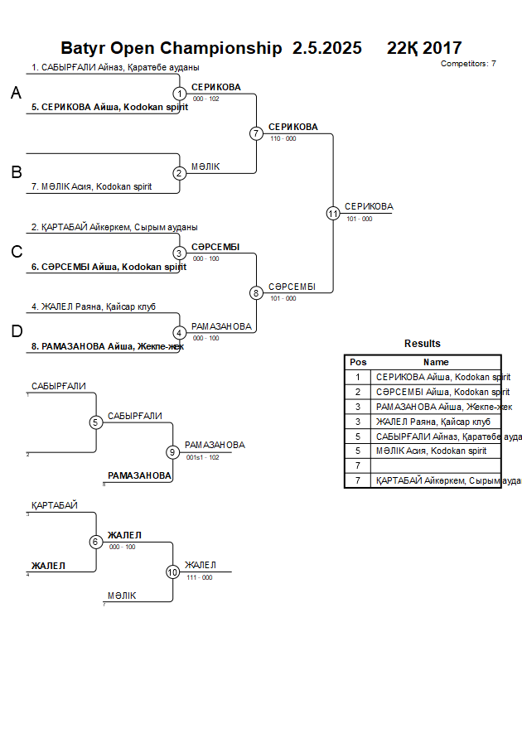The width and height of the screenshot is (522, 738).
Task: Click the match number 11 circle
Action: [333, 213]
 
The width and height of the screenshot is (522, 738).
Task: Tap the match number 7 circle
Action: [256, 133]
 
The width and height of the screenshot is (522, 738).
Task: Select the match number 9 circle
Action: [172, 452]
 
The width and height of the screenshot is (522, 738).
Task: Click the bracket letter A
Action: [16, 94]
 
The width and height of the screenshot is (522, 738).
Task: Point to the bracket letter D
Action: [16, 332]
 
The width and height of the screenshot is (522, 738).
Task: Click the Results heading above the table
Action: [423, 344]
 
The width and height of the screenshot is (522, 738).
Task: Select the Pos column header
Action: [358, 362]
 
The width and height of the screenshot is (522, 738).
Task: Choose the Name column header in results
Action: [436, 362]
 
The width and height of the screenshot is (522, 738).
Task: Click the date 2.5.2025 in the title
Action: [327, 49]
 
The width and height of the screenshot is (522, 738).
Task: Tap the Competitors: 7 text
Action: [468, 64]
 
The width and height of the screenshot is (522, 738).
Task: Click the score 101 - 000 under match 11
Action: [360, 219]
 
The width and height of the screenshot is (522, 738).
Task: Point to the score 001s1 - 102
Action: [203, 456]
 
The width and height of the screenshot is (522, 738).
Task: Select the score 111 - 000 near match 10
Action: [200, 577]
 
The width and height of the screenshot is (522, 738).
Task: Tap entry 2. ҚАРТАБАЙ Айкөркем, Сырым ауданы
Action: [114, 227]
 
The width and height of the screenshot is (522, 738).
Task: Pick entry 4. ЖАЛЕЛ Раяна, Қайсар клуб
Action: [105, 306]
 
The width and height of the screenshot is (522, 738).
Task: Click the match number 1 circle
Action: [180, 94]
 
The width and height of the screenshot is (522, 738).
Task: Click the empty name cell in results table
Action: [436, 465]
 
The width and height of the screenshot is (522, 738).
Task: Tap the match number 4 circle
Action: [180, 332]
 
